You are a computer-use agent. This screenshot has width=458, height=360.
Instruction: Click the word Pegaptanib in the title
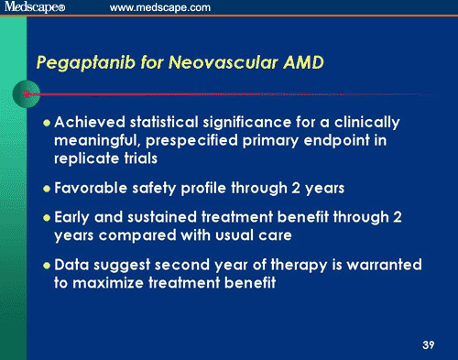pyautogui.click(x=77, y=63)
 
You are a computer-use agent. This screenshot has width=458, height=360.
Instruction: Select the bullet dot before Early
pyautogui.click(x=49, y=221)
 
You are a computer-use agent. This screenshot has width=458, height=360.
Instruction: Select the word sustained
pyautogui.click(x=179, y=221)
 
